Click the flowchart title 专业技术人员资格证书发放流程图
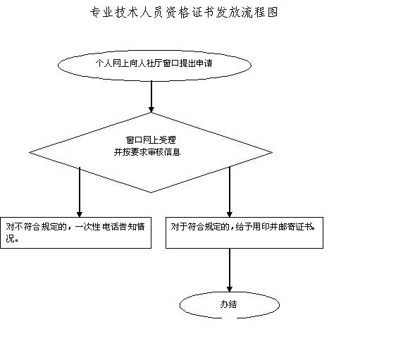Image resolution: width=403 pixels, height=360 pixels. point(184,13)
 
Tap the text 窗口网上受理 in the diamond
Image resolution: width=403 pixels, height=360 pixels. point(151,139)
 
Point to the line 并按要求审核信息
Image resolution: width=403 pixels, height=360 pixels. point(147,152)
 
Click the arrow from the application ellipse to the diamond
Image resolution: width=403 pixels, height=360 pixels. point(151,97)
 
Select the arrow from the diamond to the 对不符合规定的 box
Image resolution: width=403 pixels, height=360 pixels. point(80,192)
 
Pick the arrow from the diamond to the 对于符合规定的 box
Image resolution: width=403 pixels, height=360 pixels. point(230,192)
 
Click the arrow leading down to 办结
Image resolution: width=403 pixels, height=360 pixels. point(230,270)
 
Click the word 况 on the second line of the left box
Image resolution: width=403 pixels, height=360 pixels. point(10,238)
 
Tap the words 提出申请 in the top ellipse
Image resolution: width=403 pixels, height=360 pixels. point(196,63)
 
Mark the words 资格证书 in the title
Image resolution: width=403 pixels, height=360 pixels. point(190,13)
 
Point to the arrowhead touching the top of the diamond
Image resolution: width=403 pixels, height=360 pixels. point(151,110)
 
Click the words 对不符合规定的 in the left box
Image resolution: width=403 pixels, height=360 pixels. point(36,227)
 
